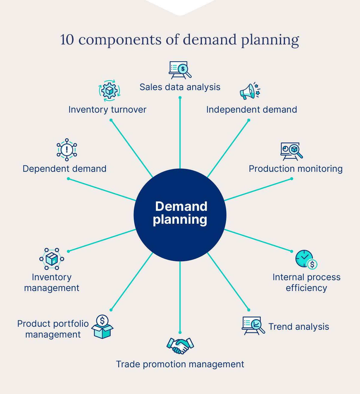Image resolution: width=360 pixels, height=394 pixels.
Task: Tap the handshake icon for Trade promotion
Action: click(180, 346)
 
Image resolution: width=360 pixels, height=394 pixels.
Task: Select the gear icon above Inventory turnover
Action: click(109, 90)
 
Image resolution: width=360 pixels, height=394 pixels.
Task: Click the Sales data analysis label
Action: click(180, 87)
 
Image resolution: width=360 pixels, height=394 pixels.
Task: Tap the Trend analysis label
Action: click(298, 327)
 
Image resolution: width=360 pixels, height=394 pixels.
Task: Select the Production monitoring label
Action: click(295, 169)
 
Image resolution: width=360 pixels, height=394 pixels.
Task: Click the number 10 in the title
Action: click(67, 40)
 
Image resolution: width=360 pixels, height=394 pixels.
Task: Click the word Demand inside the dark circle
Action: click(181, 207)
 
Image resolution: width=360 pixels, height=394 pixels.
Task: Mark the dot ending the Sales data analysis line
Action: click(180, 98)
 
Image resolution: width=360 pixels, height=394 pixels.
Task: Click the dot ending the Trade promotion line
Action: click(180, 332)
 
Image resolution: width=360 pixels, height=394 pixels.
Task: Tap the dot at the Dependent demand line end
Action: click(68, 179)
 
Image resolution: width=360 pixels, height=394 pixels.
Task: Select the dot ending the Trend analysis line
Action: click(249, 310)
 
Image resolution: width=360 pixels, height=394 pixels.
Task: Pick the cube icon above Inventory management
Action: click(52, 259)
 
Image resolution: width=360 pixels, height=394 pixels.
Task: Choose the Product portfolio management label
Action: click(53, 329)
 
